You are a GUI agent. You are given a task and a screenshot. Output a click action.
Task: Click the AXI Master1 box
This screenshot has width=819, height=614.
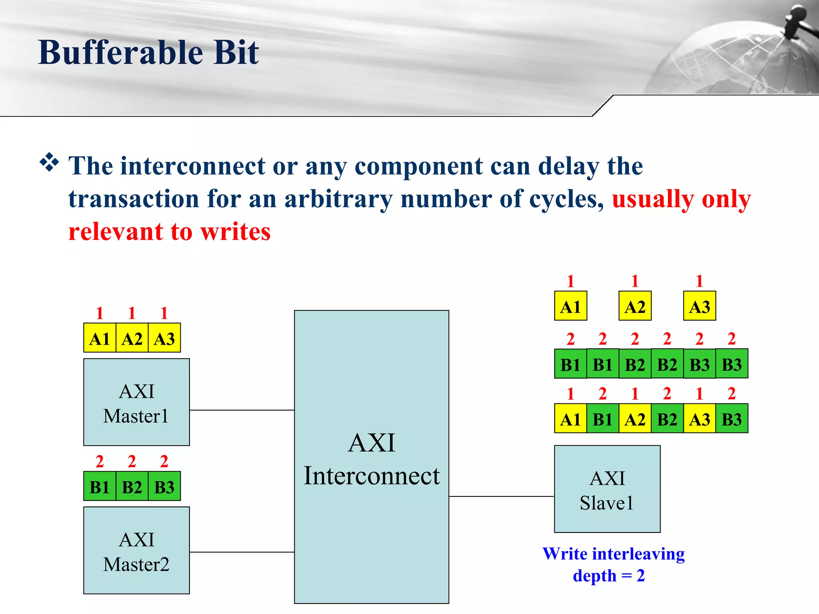pyautogui.click(x=136, y=402)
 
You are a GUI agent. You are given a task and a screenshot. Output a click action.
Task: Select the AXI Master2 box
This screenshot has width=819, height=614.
pyautogui.click(x=136, y=550)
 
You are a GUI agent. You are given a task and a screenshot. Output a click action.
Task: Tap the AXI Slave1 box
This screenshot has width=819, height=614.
pyautogui.click(x=607, y=489)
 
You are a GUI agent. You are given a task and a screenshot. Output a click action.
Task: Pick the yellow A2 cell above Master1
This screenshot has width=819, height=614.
pyautogui.click(x=132, y=338)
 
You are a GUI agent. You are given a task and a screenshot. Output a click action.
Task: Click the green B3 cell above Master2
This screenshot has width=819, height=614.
pyautogui.click(x=164, y=486)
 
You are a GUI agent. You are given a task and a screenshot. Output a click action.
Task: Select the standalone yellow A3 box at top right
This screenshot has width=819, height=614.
pyautogui.click(x=699, y=306)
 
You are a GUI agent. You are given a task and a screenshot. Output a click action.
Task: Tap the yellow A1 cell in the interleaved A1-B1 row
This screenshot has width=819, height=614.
pyautogui.click(x=571, y=419)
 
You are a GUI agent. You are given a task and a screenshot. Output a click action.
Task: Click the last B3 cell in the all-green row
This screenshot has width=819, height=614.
pyautogui.click(x=732, y=364)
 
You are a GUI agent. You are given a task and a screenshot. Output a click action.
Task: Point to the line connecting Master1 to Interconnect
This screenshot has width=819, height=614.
pyautogui.click(x=242, y=410)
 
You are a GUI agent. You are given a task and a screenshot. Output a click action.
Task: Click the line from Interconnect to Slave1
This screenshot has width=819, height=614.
pyautogui.click(x=501, y=496)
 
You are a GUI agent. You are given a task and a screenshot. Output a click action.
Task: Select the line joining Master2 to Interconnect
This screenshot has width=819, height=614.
pyautogui.click(x=242, y=552)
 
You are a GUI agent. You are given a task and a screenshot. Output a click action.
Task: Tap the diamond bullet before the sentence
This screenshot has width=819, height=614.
pyautogui.click(x=49, y=162)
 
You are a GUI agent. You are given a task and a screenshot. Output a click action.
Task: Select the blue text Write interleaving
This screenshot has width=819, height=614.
pyautogui.click(x=613, y=554)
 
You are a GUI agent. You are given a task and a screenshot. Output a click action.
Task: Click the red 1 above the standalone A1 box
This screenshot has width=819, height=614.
pyautogui.click(x=571, y=281)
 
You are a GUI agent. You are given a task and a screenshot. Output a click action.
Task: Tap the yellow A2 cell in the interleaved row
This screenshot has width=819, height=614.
pyautogui.click(x=635, y=419)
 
